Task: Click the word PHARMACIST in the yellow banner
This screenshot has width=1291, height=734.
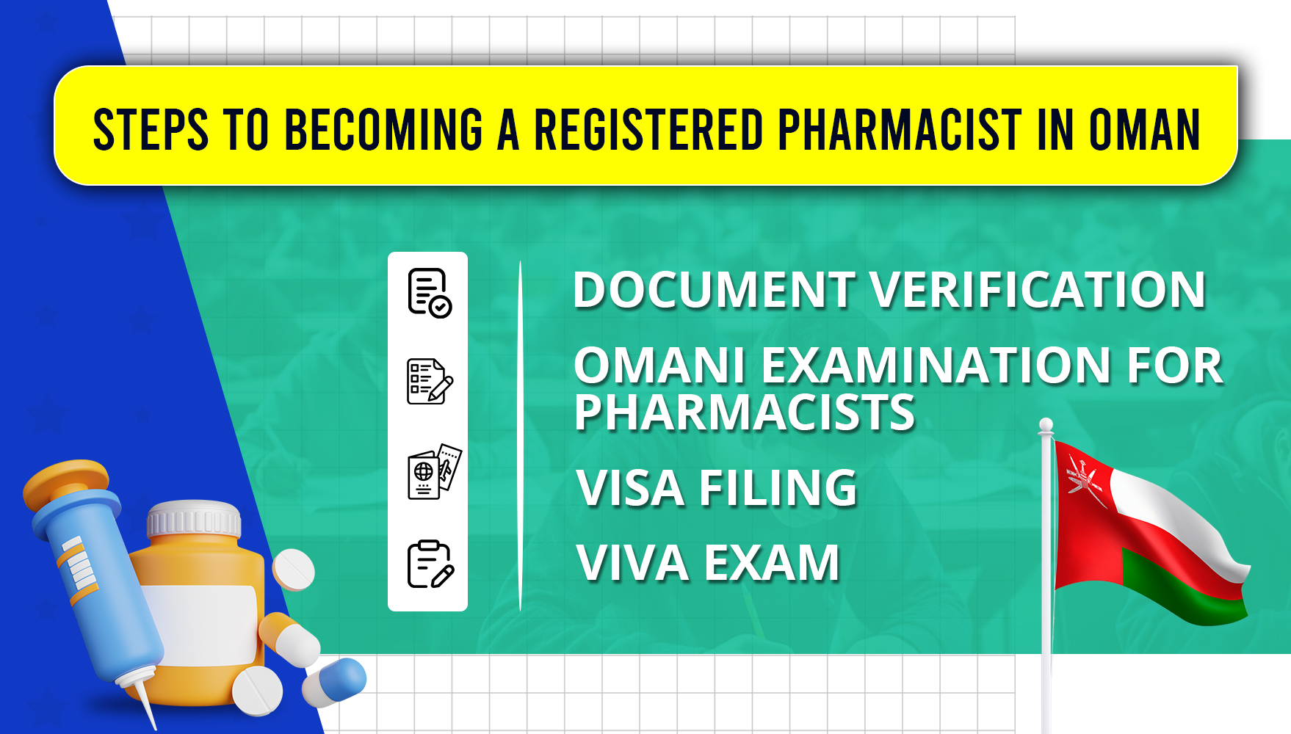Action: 900,130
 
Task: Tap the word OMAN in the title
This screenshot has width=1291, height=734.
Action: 1144,130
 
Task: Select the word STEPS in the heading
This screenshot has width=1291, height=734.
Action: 151,130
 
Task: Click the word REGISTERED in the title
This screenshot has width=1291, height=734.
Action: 648,130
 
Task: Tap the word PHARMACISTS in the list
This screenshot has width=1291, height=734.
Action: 745,413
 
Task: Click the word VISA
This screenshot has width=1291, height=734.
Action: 632,488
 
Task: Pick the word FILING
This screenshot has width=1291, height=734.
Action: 778,488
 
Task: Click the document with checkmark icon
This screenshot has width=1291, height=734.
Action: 430,293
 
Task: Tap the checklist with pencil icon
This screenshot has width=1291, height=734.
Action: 430,381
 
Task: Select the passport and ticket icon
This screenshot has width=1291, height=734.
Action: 434,471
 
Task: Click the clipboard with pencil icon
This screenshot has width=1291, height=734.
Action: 430,564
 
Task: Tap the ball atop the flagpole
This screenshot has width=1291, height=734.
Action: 1046,425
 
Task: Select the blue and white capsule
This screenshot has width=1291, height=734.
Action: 334,683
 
